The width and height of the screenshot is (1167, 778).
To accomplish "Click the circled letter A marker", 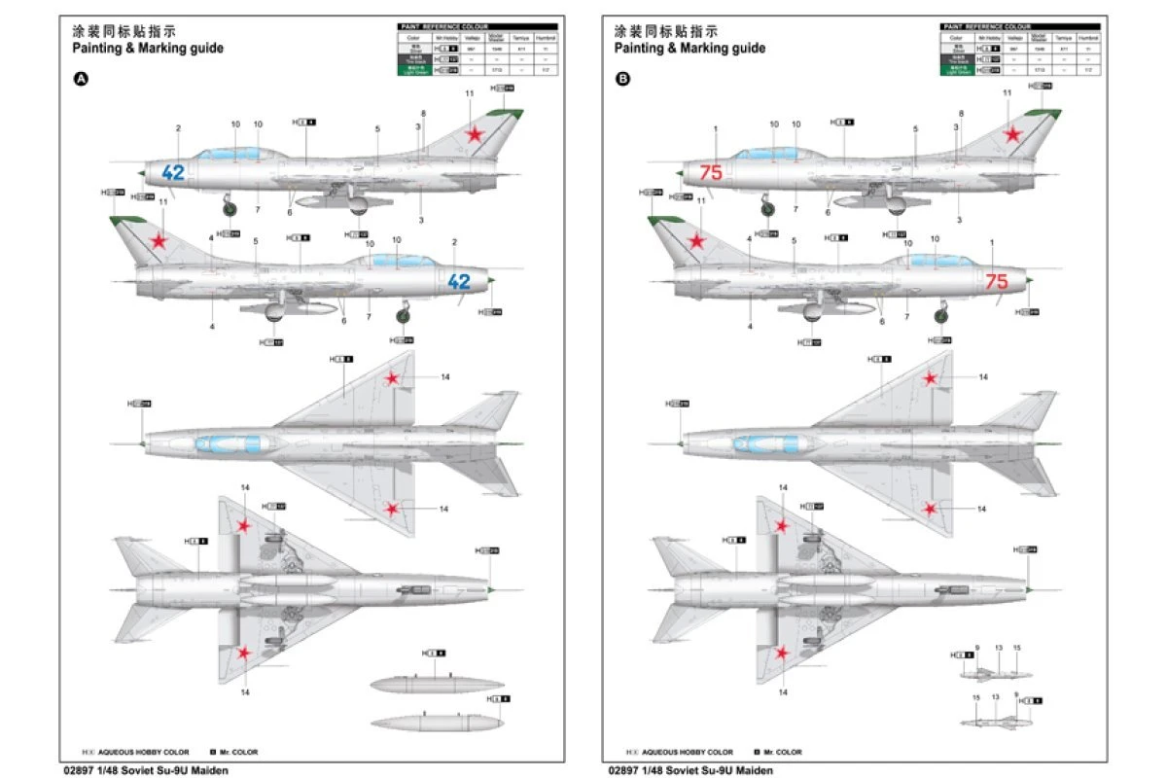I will point(81,80).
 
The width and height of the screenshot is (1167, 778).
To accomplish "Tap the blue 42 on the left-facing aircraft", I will point(173,173).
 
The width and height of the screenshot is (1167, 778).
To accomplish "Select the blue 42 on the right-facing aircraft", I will point(458,282).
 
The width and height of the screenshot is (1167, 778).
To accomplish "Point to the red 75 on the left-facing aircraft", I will point(711,173).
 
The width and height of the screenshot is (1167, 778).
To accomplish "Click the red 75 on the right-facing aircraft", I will point(997,282).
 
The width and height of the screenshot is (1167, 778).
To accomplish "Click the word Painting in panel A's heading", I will point(97,48).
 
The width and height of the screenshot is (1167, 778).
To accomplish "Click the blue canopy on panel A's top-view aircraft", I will point(230,444).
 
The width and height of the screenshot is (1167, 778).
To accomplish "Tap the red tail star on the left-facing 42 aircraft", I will point(475,135).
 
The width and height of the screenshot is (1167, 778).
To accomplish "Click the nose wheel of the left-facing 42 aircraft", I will point(230,205).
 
